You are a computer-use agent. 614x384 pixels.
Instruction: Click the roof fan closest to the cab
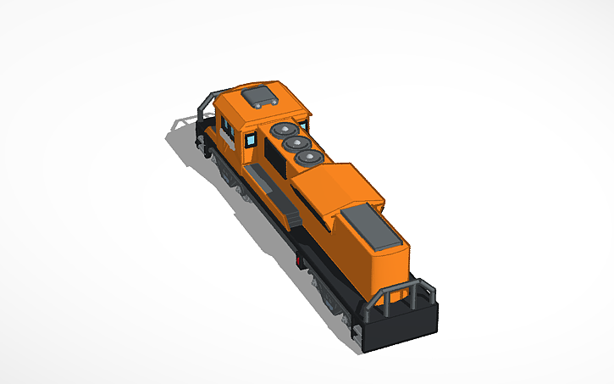pos(282,130)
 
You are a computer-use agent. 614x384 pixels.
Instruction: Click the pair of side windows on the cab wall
pos(227,129)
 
